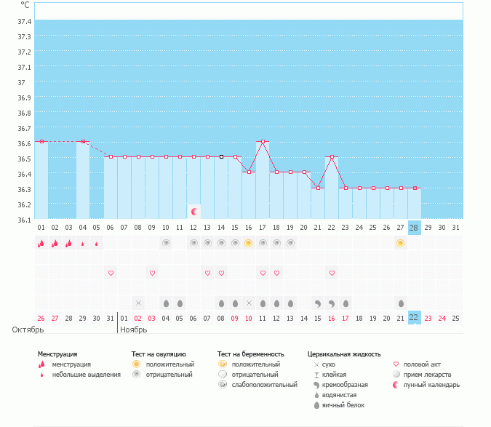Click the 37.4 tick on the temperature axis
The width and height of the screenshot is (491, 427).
(24, 21)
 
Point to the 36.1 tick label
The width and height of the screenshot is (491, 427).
(24, 220)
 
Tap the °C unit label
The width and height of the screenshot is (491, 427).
(25, 4)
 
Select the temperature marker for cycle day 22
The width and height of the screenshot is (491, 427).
(332, 156)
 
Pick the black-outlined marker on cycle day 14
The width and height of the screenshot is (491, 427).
(221, 156)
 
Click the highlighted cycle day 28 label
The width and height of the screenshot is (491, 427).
(414, 228)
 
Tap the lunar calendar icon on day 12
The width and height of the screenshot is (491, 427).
(194, 212)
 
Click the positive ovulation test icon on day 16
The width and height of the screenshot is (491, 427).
(249, 243)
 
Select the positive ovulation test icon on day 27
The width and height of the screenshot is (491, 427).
(401, 243)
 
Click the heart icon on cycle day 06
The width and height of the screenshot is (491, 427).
(111, 273)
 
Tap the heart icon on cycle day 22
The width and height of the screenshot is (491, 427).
(332, 273)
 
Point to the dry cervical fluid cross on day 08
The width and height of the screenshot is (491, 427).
(138, 303)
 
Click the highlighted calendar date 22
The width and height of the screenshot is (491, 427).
(414, 317)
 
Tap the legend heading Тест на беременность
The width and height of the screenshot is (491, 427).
(251, 354)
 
